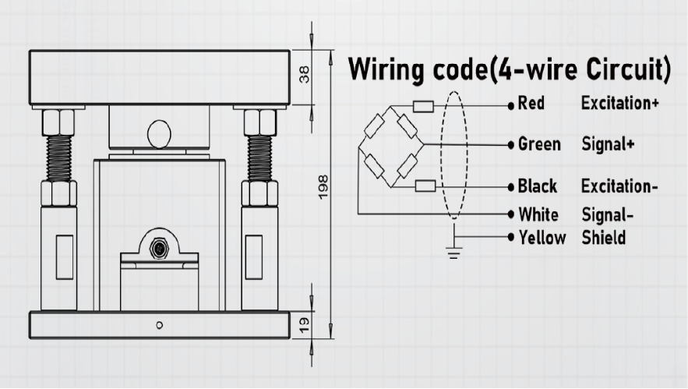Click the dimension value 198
[x=323, y=187]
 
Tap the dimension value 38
[x=304, y=74]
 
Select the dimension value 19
[x=304, y=324]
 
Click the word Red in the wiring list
[x=531, y=103]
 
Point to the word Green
[x=539, y=144]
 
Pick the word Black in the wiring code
[x=538, y=186]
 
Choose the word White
[x=538, y=214]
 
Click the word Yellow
[x=542, y=238]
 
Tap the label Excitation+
[x=620, y=103]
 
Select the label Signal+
[x=609, y=144]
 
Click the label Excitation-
[x=619, y=186]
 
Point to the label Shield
[x=604, y=238]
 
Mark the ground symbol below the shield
[x=453, y=253]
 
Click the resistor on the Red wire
[x=423, y=107]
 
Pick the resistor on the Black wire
[x=425, y=186]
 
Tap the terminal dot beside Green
[x=510, y=144]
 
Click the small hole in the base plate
[x=160, y=325]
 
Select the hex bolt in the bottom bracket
[x=159, y=249]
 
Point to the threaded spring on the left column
[x=58, y=158]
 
